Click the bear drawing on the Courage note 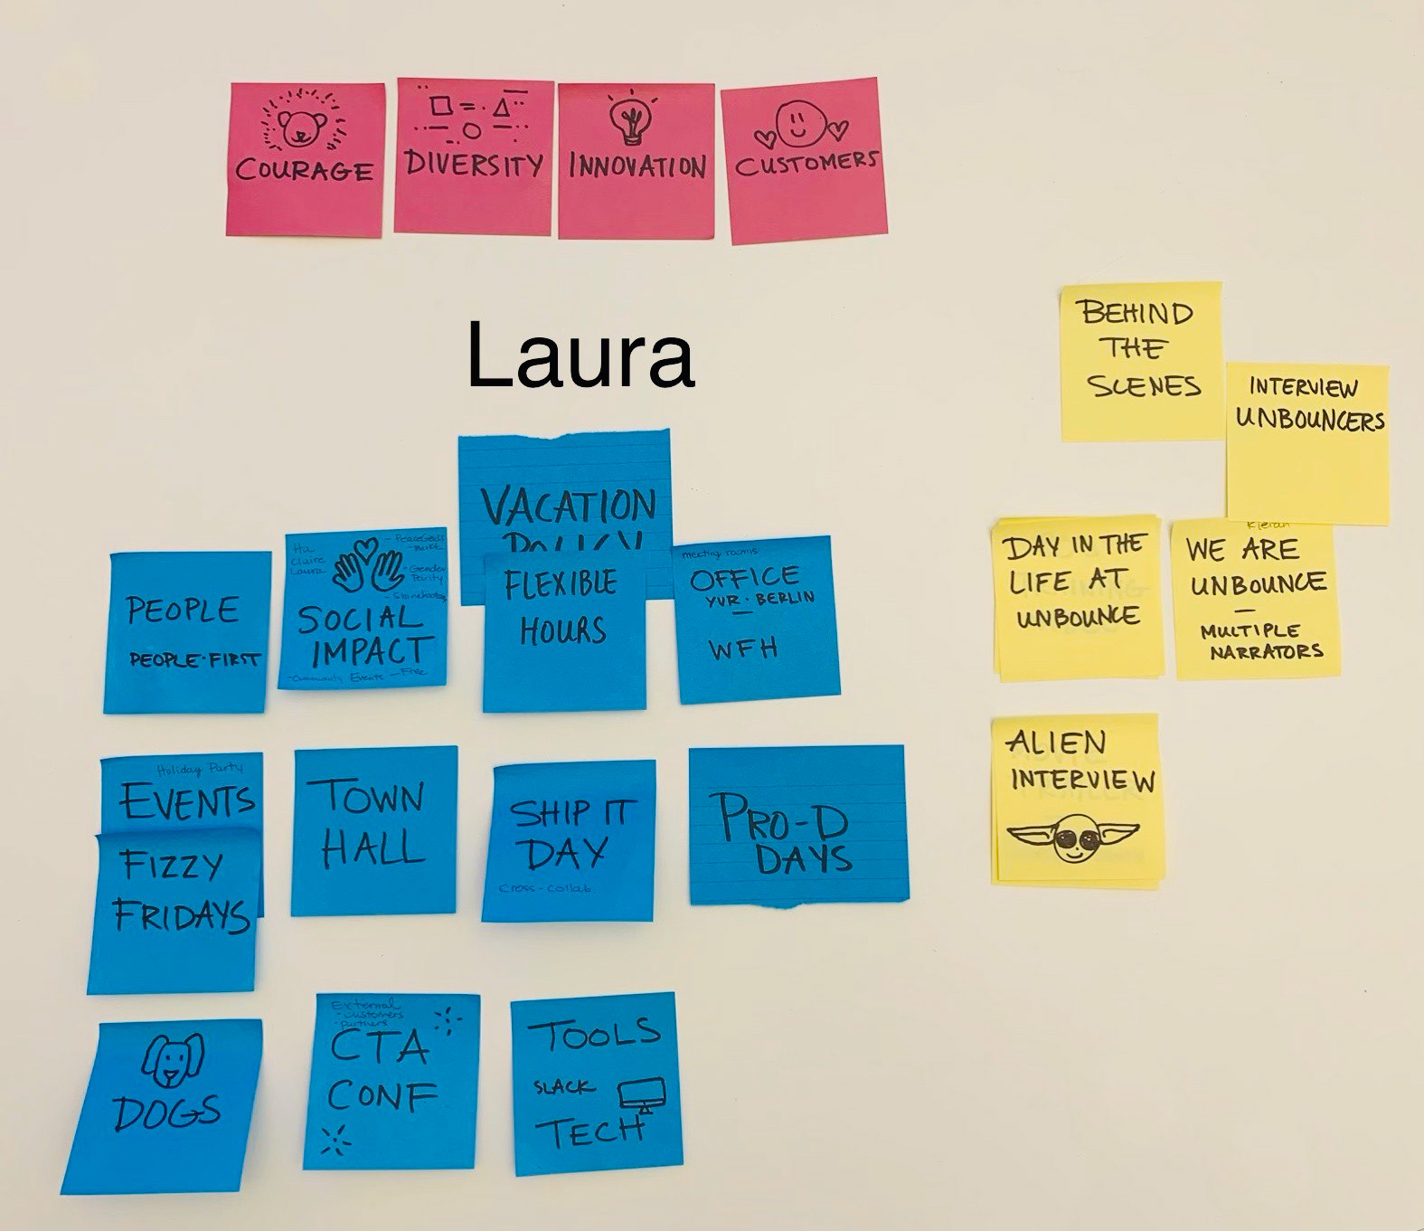pyautogui.click(x=301, y=129)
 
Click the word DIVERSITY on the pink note pyautogui.click(x=473, y=164)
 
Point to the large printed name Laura pyautogui.click(x=580, y=355)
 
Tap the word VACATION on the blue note pyautogui.click(x=569, y=506)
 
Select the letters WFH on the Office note pyautogui.click(x=743, y=649)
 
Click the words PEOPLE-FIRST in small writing pyautogui.click(x=193, y=659)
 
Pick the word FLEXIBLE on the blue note pyautogui.click(x=561, y=583)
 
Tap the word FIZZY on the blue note pyautogui.click(x=172, y=866)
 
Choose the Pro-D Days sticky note pyautogui.click(x=797, y=824)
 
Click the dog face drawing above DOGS pyautogui.click(x=173, y=1058)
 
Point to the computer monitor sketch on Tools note pyautogui.click(x=642, y=1095)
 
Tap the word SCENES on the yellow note pyautogui.click(x=1145, y=386)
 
